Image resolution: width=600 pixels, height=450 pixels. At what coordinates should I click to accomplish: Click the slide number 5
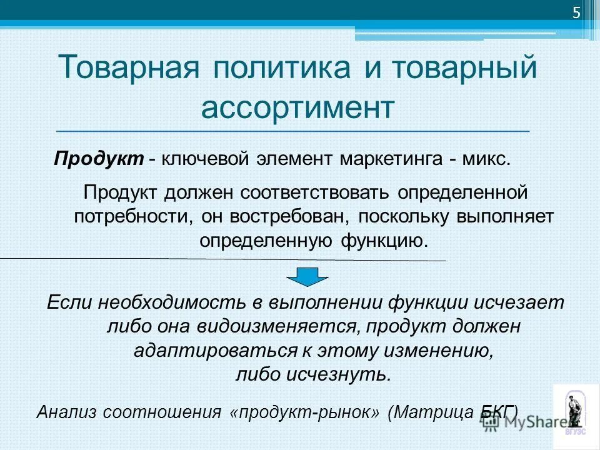pyautogui.click(x=576, y=14)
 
